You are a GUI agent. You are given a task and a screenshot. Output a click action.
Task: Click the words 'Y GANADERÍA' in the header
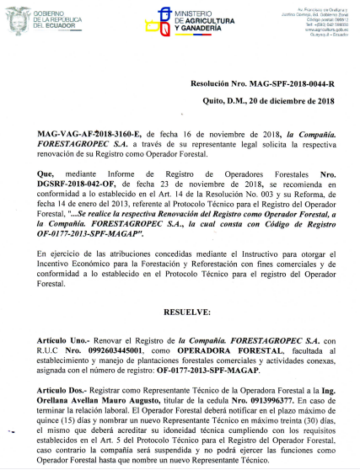coord(200,29)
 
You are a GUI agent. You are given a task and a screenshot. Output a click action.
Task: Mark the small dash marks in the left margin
coord(13,432)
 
